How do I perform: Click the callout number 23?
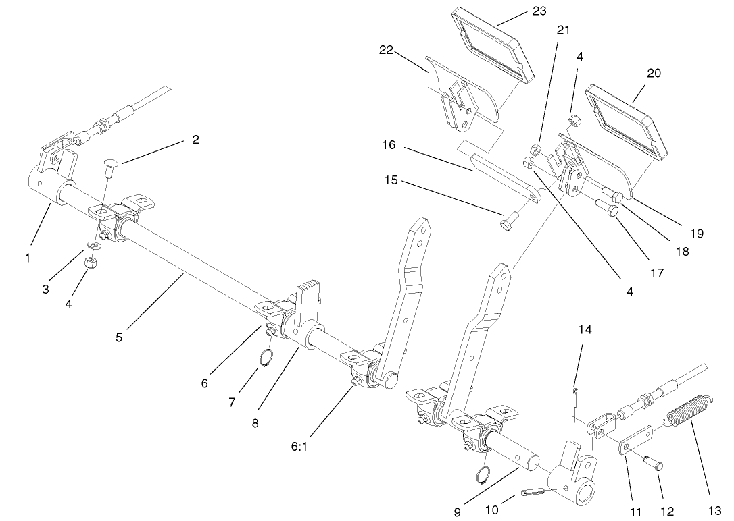(539, 11)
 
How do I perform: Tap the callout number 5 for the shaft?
(119, 337)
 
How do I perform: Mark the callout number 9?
(457, 512)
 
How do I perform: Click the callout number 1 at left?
(28, 257)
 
